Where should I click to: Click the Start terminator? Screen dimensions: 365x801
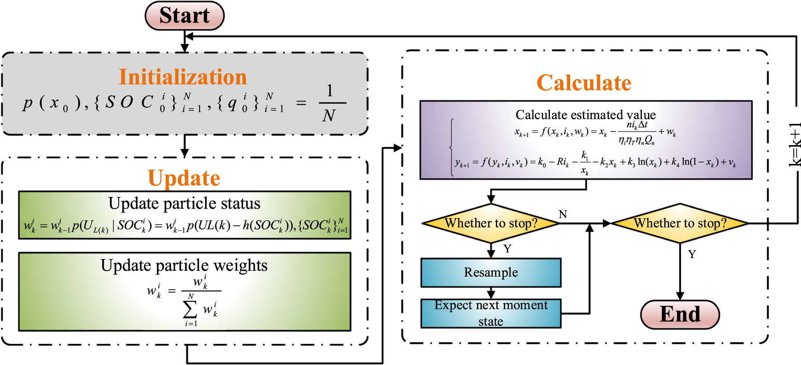click(x=185, y=16)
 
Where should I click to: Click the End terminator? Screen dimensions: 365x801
click(x=680, y=314)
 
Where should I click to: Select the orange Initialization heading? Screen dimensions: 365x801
click(x=183, y=77)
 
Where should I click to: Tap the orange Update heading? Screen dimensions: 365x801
click(x=184, y=178)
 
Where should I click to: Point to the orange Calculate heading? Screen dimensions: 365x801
click(x=584, y=83)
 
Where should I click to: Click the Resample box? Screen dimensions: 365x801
click(x=491, y=273)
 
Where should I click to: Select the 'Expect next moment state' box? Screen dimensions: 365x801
click(x=491, y=313)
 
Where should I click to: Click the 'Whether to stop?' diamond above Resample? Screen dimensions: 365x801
click(x=491, y=223)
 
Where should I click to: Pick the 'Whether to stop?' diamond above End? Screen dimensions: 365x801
click(x=680, y=223)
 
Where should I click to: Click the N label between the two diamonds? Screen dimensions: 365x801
click(x=563, y=214)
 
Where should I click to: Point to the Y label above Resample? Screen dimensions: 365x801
click(x=507, y=249)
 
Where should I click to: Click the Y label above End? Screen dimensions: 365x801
click(x=692, y=254)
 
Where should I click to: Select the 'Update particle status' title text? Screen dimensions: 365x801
click(x=184, y=203)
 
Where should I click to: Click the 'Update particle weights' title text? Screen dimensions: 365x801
click(x=184, y=265)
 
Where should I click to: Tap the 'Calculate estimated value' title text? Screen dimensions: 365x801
click(x=586, y=115)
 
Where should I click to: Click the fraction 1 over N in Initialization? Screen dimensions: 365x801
click(x=330, y=103)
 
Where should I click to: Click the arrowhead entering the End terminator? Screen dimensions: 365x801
click(x=680, y=296)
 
